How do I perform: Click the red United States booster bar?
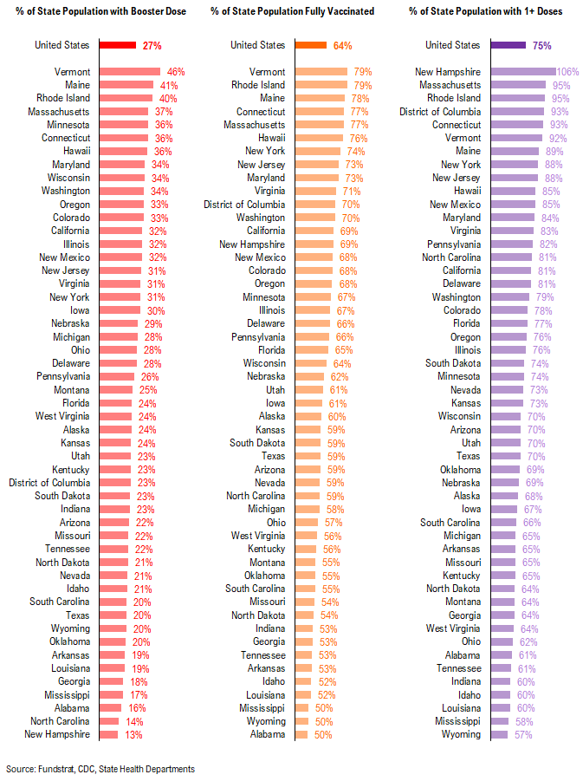coord(118,45)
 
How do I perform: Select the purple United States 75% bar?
coord(508,45)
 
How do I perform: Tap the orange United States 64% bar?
coord(311,45)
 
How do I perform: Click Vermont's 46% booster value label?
coord(176,72)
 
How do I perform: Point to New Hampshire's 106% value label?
coord(568,72)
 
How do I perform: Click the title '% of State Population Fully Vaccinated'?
coord(292,11)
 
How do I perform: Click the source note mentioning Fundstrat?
coord(100,769)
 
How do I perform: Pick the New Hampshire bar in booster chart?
coord(108,734)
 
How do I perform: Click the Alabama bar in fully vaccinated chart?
coord(301,734)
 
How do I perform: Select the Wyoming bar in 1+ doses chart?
coord(499,734)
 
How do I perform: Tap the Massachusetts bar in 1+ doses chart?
coord(518,85)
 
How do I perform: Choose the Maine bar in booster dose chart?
coord(126,85)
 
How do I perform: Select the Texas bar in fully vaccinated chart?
coord(309,456)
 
